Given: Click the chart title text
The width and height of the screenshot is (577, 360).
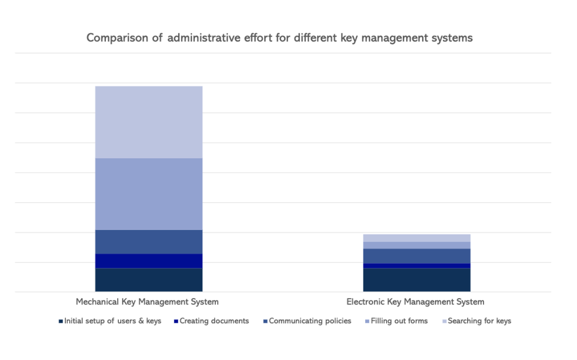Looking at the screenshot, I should pos(279,38).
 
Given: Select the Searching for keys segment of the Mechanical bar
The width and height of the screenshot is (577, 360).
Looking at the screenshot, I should pos(149,122).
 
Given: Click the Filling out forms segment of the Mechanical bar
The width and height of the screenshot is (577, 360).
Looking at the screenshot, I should pos(149,194).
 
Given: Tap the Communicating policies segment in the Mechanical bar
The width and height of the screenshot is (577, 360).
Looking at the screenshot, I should pos(149,242).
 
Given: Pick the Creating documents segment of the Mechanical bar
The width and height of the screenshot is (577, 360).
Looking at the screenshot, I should pos(149,261).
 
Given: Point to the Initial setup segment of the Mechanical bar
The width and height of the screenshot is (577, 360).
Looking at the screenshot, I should pos(149,280).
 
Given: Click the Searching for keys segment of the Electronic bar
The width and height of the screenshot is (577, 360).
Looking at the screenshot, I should pos(416,238).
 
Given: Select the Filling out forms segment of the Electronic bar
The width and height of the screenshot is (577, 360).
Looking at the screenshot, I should pos(416,245).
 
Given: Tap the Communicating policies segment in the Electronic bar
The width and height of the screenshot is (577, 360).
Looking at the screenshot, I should pos(416,256).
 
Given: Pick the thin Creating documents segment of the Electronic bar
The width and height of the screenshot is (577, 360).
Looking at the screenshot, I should pos(416,265).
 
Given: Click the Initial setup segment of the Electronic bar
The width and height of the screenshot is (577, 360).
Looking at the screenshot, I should pos(416,280).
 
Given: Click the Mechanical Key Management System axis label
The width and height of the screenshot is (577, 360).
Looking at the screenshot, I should pos(147,302).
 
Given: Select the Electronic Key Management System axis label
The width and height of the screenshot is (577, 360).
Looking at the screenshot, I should pos(415,302).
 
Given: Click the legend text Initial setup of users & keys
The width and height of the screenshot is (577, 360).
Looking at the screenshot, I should pos(113,321).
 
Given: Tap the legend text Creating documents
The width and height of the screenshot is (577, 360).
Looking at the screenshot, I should pos(214,321).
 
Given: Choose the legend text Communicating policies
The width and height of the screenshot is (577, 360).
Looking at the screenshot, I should pos(310,321).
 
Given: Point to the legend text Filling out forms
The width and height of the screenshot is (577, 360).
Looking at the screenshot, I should pos(399,321).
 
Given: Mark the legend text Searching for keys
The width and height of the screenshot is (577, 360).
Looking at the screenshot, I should pos(480,321).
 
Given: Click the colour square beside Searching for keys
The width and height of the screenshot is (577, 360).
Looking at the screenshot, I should pos(444,322).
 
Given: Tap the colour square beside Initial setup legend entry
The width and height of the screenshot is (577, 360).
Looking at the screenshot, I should pos(61,322).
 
